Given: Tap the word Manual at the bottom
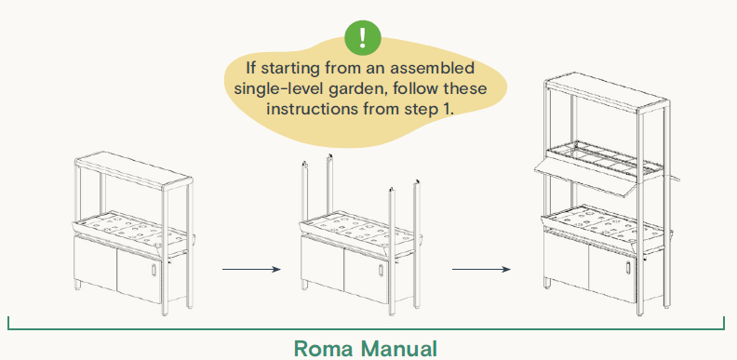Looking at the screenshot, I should point(399,349).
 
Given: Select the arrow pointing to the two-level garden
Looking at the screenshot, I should point(481,270).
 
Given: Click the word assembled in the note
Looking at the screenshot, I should point(438,69).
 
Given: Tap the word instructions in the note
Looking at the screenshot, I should point(312,108).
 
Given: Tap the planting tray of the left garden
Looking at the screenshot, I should point(130,226).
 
